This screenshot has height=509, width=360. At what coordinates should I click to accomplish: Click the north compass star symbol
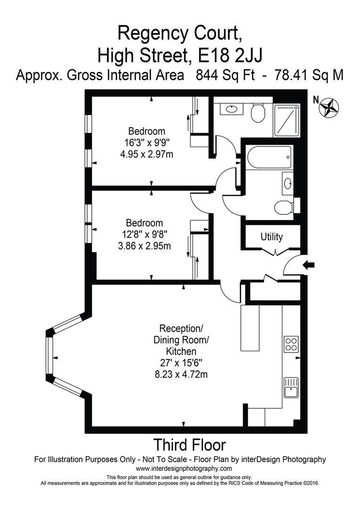click(329, 107)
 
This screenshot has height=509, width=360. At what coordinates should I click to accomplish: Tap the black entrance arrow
click(309, 265)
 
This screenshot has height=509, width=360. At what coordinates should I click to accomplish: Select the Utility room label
click(271, 237)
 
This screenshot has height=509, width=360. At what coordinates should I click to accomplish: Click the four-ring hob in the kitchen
click(291, 344)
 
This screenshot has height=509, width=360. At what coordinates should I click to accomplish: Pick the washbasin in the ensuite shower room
click(232, 109)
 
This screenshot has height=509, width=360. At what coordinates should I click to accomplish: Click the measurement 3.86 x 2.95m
click(144, 245)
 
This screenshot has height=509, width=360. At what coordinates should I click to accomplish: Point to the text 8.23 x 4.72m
click(184, 375)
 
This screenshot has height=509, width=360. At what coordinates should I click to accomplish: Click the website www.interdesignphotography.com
click(184, 468)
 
